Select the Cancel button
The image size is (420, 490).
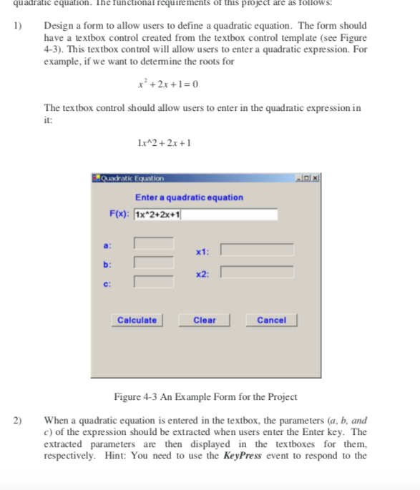pyautogui.click(x=271, y=320)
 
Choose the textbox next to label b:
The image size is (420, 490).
pyautogui.click(x=153, y=263)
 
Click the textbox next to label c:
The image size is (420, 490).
pyautogui.click(x=153, y=280)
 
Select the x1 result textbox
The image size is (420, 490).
pyautogui.click(x=257, y=250)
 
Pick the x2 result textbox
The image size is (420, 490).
pyautogui.click(x=257, y=272)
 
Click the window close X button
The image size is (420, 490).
pyautogui.click(x=314, y=177)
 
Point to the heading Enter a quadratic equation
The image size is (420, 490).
pyautogui.click(x=189, y=197)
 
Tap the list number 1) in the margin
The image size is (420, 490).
pyautogui.click(x=17, y=26)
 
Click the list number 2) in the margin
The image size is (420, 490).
pyautogui.click(x=17, y=421)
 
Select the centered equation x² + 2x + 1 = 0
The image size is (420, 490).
pyautogui.click(x=167, y=84)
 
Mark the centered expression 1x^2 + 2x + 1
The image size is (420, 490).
pyautogui.click(x=164, y=142)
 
